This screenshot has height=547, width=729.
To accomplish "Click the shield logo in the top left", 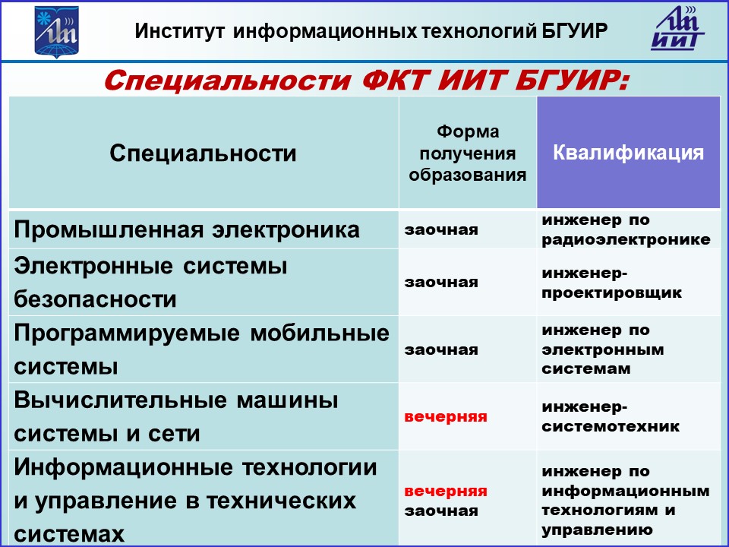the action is point(57,32).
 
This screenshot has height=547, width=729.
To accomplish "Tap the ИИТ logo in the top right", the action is point(677,28).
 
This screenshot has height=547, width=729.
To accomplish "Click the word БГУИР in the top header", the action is point(575,31).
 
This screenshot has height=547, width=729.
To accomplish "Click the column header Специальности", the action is point(204,153).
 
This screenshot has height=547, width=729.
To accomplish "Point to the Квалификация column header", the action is point(628,153).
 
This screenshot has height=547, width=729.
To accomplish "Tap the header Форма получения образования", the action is point(467,153).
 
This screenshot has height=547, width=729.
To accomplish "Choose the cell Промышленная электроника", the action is point(187,229).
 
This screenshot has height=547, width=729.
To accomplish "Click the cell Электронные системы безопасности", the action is point(150,283).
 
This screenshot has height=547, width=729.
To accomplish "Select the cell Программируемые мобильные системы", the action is point(201,349).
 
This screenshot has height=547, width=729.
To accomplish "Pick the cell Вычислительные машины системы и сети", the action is point(176,416).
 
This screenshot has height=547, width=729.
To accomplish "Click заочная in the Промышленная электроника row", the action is point(441,229).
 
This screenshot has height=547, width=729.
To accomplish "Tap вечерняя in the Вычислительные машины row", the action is point(446,417).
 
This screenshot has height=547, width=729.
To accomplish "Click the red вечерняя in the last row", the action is point(446,492).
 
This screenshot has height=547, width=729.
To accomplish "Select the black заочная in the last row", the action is point(441,511).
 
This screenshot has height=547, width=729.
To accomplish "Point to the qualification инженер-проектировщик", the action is point(611,283).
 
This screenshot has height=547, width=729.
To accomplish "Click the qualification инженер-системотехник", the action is point(611,416).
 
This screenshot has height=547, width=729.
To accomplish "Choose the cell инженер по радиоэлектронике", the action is point(626,229).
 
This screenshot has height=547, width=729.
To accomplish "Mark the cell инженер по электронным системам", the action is point(603,349).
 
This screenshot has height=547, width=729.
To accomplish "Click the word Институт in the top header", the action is point(180,31).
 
